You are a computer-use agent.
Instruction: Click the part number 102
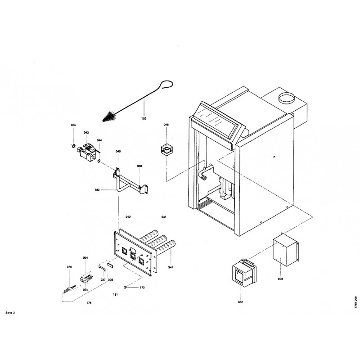click(x=144, y=119)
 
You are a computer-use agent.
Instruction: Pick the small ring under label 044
click(x=99, y=161)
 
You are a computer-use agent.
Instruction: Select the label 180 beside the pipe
click(x=97, y=190)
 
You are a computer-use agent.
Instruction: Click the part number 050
click(x=139, y=166)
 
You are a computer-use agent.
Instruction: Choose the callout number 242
click(x=128, y=217)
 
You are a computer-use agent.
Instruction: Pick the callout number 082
click(x=240, y=302)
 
